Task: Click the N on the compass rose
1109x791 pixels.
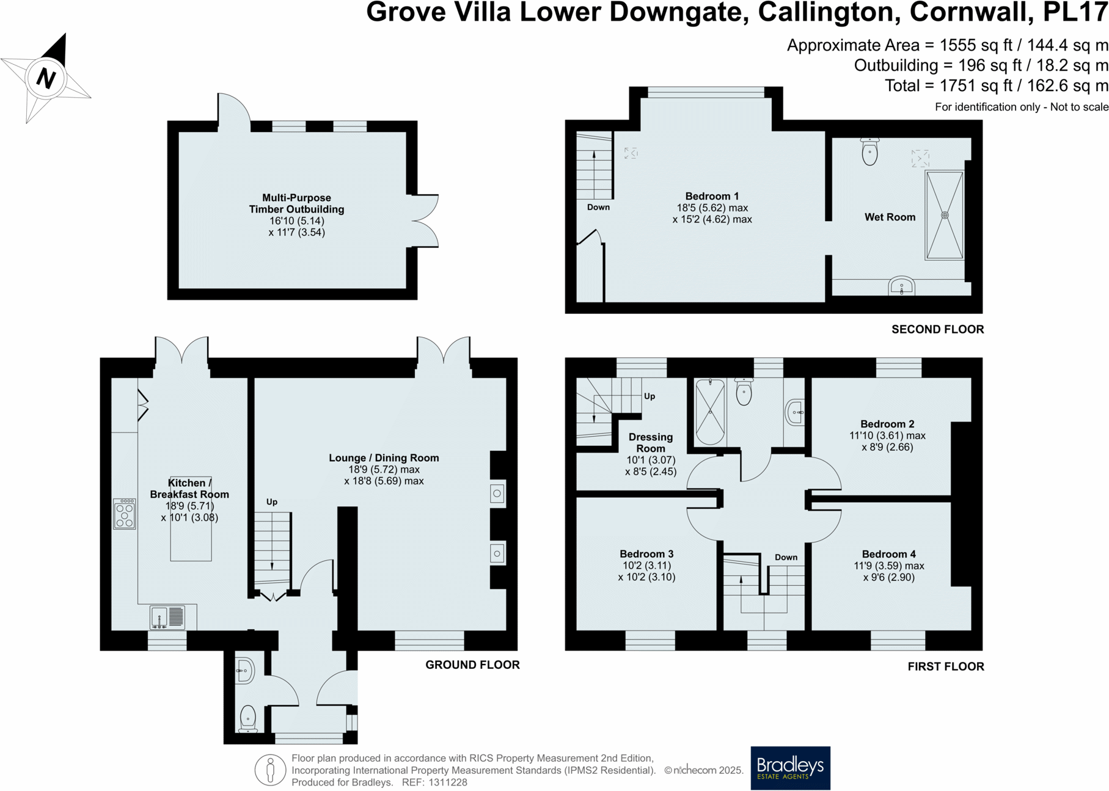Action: [46, 78]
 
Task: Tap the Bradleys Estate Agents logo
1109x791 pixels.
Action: [790, 768]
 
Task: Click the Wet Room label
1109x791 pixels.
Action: [890, 217]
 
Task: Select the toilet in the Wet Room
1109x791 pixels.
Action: [869, 151]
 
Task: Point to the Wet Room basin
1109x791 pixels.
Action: [901, 286]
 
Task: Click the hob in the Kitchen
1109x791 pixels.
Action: [125, 514]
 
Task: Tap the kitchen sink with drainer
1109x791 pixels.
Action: [167, 617]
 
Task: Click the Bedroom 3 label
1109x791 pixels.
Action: [646, 554]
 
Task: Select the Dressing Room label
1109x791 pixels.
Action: [650, 442]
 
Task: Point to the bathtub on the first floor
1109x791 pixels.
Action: [710, 412]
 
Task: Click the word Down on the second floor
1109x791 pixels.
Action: [598, 207]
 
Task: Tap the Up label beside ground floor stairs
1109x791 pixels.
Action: [272, 502]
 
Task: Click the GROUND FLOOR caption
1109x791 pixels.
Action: [472, 665]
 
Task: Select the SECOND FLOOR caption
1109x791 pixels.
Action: [937, 329]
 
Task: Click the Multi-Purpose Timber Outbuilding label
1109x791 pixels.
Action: [296, 203]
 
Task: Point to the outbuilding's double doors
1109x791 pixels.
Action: [425, 221]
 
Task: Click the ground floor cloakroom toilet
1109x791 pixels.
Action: [247, 718]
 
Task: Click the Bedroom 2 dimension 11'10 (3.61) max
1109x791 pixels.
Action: [887, 436]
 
